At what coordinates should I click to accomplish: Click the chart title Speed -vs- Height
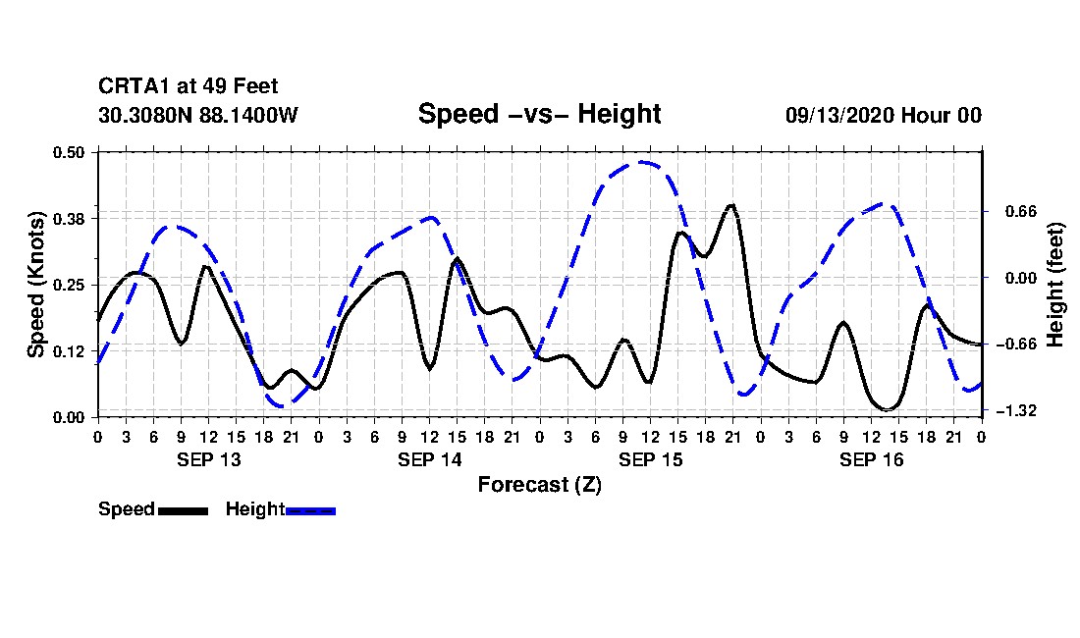point(539,114)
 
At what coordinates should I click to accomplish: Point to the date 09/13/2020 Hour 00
point(883,115)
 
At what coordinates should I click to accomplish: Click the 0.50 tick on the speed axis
point(71,152)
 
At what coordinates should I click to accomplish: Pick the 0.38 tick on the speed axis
point(71,218)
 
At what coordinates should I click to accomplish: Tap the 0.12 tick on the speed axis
point(71,350)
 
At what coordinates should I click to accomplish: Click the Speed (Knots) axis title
point(35,285)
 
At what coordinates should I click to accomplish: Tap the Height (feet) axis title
point(1055,285)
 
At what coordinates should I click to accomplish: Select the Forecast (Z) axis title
point(539,485)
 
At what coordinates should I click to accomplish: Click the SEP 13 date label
point(208,459)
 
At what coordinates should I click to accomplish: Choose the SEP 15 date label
point(650,459)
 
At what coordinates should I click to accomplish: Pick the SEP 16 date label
point(871,459)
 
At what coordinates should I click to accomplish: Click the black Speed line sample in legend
point(183,510)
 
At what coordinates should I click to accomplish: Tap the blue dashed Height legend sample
point(310,510)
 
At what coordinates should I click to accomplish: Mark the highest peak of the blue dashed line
point(642,162)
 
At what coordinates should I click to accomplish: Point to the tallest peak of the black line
point(730,205)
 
